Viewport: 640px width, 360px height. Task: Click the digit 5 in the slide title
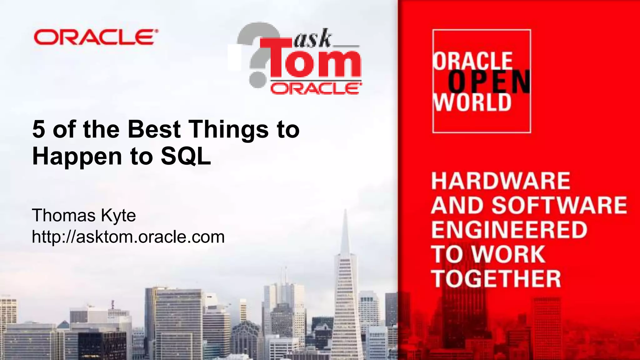tap(39, 129)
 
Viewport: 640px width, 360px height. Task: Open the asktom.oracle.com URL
tap(128, 237)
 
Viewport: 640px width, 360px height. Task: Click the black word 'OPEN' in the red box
tap(489, 82)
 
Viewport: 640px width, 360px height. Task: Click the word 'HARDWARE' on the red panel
tap(501, 181)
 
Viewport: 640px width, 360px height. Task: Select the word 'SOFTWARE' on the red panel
tap(559, 205)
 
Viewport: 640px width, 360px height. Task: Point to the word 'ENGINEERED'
tap(509, 230)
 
